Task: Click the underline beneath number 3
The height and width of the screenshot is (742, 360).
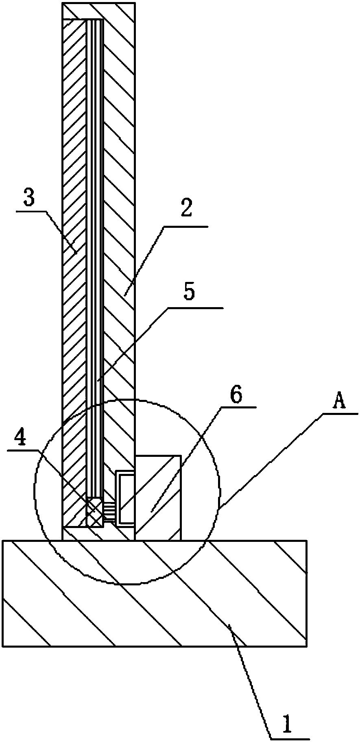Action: tap(32, 211)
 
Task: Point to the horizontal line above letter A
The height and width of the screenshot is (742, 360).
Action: tap(341, 414)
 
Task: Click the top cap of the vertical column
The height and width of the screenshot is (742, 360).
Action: tap(98, 10)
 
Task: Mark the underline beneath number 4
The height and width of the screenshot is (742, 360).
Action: tap(23, 450)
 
